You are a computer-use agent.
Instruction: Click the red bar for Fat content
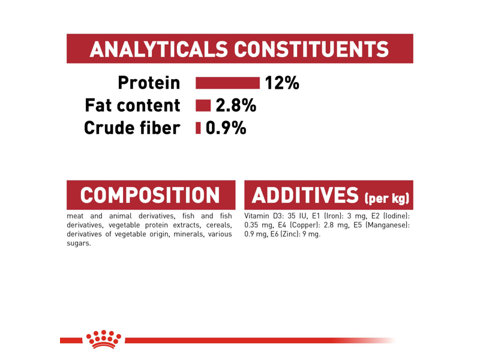click(203, 106)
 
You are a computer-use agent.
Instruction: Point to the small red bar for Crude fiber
click(198, 127)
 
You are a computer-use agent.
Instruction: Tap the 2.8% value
click(236, 106)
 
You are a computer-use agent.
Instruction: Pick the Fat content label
click(134, 106)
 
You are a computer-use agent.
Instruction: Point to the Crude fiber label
click(132, 127)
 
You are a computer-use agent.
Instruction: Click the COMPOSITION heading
click(150, 195)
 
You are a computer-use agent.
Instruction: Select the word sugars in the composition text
click(79, 243)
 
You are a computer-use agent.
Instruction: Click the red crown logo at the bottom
click(105, 338)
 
